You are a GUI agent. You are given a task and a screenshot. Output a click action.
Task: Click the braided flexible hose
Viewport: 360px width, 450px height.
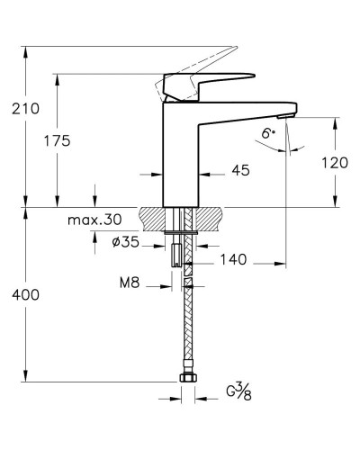188,324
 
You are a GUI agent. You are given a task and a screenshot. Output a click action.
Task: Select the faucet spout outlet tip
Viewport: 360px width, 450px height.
286,115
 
